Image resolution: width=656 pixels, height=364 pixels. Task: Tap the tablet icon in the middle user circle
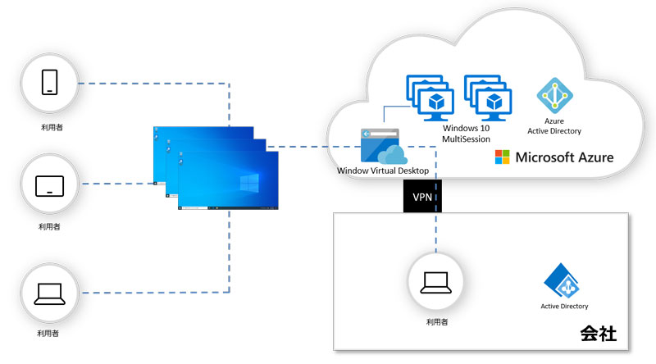point(50,185)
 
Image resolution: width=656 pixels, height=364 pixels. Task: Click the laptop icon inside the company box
point(436,283)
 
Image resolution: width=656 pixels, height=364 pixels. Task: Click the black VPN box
point(421,197)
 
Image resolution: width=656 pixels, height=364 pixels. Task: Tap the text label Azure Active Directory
point(556,126)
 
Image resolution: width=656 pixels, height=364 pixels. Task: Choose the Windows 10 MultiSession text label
point(466,134)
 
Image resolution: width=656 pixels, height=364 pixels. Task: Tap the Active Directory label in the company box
point(564,307)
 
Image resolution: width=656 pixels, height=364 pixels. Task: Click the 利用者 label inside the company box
point(436,322)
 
